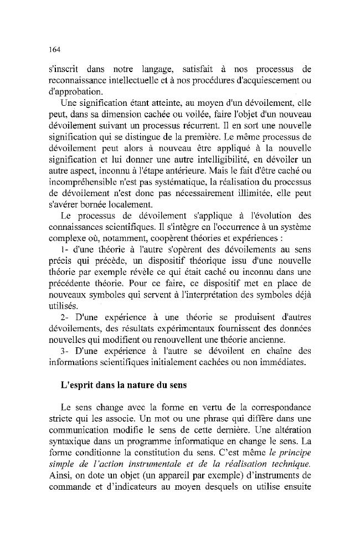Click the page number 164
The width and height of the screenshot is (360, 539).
click(x=53, y=49)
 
